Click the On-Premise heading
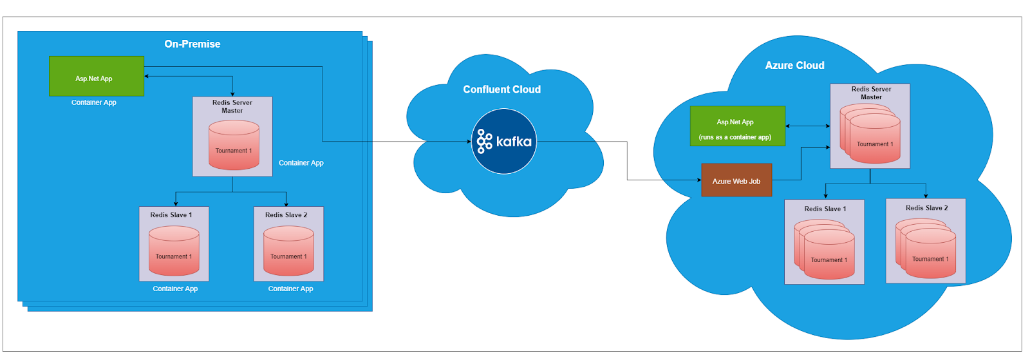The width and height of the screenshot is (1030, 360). click(x=192, y=44)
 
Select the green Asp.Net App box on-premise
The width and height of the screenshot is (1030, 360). click(x=96, y=77)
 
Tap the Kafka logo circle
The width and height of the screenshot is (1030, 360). click(x=503, y=141)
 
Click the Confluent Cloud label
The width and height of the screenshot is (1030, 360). click(x=501, y=90)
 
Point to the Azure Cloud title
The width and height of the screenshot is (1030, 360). click(x=794, y=65)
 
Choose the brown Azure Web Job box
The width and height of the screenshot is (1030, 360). click(x=736, y=180)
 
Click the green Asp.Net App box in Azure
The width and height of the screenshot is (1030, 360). click(x=737, y=126)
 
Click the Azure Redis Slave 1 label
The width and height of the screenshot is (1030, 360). click(x=825, y=209)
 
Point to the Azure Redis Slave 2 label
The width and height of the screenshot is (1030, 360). click(x=926, y=207)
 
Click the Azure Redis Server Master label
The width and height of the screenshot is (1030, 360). click(x=870, y=93)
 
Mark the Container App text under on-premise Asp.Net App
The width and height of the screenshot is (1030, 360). click(x=94, y=102)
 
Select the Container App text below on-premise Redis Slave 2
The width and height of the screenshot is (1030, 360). click(x=290, y=289)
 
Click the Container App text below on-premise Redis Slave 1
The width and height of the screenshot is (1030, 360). click(x=175, y=289)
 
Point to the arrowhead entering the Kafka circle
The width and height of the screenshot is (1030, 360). click(x=469, y=141)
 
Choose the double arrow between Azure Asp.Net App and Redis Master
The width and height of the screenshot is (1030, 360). click(x=808, y=126)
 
